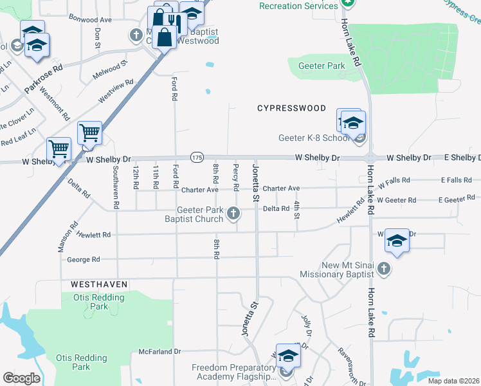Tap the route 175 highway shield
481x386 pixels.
click(x=197, y=157)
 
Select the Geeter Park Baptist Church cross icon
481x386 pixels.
click(x=235, y=214)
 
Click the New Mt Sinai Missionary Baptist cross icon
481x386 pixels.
click(x=384, y=268)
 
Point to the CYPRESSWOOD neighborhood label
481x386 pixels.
click(x=292, y=108)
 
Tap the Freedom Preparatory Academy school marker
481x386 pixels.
click(x=288, y=369)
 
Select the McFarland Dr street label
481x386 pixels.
click(x=160, y=352)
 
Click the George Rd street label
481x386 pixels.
click(x=84, y=259)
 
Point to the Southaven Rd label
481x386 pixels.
click(x=116, y=188)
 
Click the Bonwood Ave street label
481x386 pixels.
click(x=90, y=20)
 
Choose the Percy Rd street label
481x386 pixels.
click(x=236, y=178)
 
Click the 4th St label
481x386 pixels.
click(x=297, y=210)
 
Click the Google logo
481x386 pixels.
click(x=21, y=378)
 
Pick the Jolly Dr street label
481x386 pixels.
click(x=308, y=326)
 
